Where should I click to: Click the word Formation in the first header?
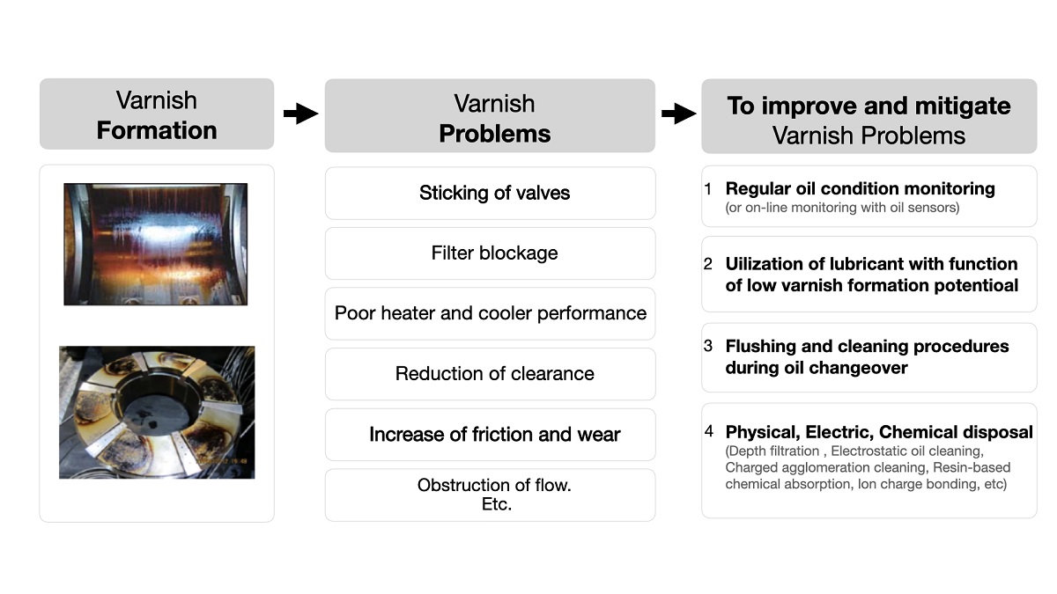pos(157,130)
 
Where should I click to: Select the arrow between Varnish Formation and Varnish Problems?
pos(300,114)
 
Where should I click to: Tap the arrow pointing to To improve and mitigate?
pos(678,114)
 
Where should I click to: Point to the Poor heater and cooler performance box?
pos(490,313)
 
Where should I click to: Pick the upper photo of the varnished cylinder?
pos(155,244)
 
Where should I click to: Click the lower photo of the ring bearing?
pos(157,412)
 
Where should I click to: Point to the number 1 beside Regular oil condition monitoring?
pos(707,189)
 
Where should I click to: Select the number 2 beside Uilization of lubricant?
pos(707,264)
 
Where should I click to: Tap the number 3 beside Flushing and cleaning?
pos(707,346)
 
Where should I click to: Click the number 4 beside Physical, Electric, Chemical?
pos(708,432)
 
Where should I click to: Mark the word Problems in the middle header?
pos(494,134)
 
